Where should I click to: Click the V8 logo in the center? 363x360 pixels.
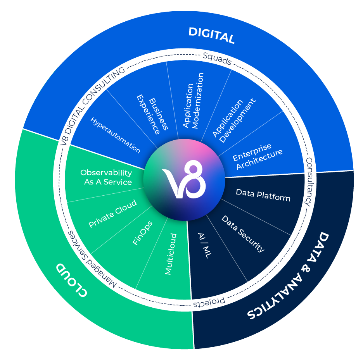coord(184,180)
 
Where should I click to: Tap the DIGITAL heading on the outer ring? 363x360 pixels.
coord(211,36)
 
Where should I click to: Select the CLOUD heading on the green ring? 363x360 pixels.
coord(71,280)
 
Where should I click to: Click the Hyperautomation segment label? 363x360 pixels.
coord(115,134)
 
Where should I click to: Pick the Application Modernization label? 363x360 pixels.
coord(193,100)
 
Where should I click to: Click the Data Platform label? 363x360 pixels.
coord(263,195)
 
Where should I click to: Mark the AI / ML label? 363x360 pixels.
coord(203,246)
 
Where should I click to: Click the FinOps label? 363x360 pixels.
coord(142,233)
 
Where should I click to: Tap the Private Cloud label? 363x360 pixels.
coord(112,214)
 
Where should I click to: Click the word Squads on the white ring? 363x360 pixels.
coord(217,58)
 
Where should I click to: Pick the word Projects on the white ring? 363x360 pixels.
coord(209,303)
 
